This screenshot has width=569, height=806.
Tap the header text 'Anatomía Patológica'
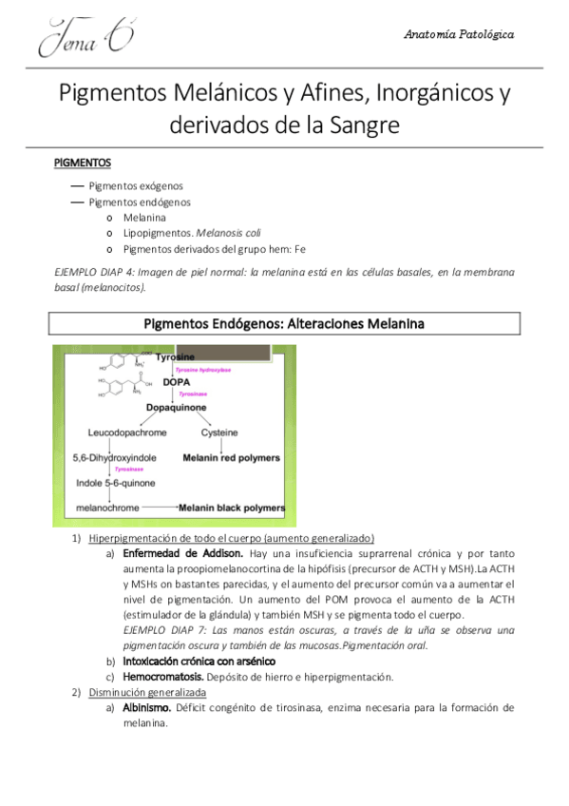point(459,34)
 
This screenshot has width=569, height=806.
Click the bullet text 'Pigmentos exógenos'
point(135,185)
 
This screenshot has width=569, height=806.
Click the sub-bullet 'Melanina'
point(144,218)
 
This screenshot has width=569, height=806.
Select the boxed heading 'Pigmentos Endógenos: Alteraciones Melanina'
point(284,324)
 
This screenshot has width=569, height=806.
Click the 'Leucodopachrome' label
point(127,433)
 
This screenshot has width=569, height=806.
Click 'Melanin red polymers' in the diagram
point(231,458)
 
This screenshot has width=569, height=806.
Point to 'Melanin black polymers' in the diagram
point(232,509)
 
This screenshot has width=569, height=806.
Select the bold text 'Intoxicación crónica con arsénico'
point(199,660)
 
